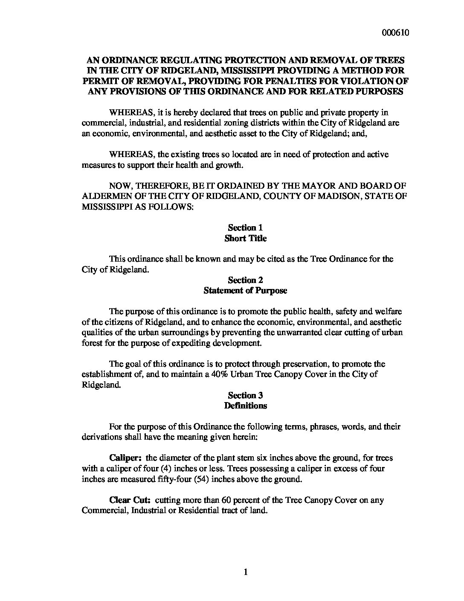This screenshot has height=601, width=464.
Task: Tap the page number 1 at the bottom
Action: click(245, 572)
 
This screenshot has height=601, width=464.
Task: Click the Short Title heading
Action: click(245, 238)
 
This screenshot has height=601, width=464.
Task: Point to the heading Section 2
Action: click(245, 280)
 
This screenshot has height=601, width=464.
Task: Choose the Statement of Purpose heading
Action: click(245, 291)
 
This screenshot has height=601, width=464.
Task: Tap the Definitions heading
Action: click(245, 406)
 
